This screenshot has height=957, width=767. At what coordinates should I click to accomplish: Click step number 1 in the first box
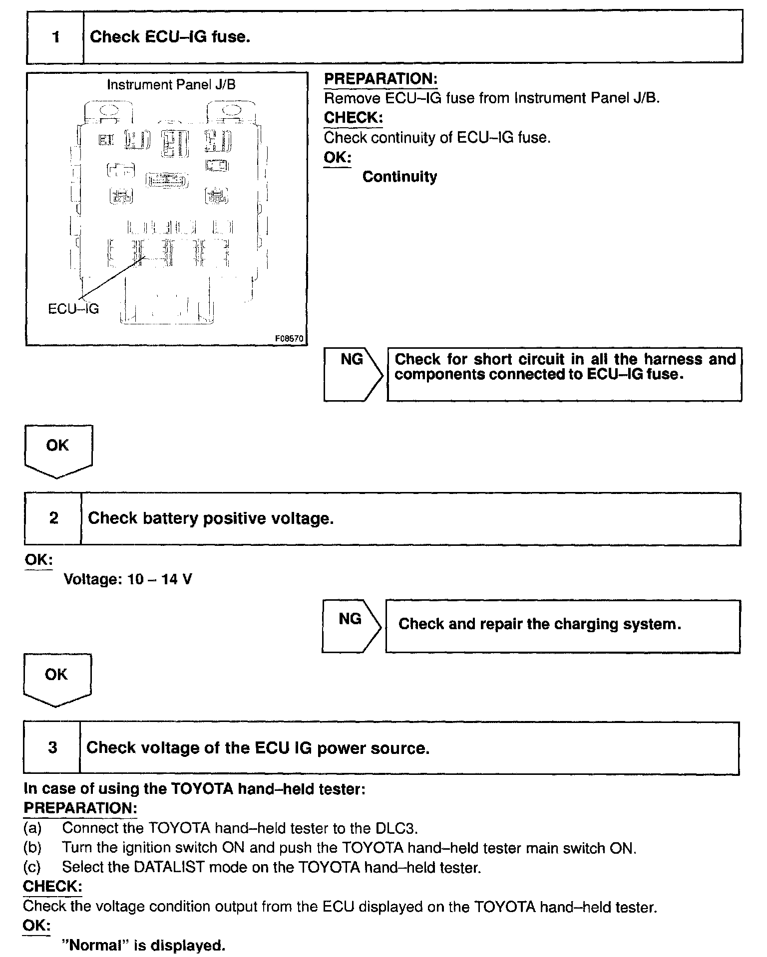(55, 37)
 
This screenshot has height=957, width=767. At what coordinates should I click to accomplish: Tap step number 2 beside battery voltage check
(53, 518)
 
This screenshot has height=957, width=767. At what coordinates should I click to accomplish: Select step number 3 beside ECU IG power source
(52, 747)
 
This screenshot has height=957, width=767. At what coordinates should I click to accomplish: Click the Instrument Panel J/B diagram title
(171, 85)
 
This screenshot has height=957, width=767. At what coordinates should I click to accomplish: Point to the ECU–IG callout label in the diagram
(73, 309)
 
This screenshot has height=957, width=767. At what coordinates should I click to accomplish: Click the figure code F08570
(289, 338)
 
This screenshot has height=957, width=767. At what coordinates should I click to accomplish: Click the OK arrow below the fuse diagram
(58, 449)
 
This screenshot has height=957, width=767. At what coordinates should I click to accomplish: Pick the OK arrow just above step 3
(56, 679)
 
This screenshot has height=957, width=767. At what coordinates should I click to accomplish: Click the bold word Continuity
(399, 177)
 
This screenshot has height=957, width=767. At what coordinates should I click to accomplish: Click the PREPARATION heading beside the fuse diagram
(381, 79)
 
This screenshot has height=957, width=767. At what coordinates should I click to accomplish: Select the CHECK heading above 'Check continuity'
(353, 118)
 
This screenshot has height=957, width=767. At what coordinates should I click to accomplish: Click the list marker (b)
(32, 848)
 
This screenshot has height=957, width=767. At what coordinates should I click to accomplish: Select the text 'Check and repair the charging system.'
(539, 624)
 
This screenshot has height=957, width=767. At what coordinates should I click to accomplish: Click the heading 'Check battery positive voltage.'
(211, 518)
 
